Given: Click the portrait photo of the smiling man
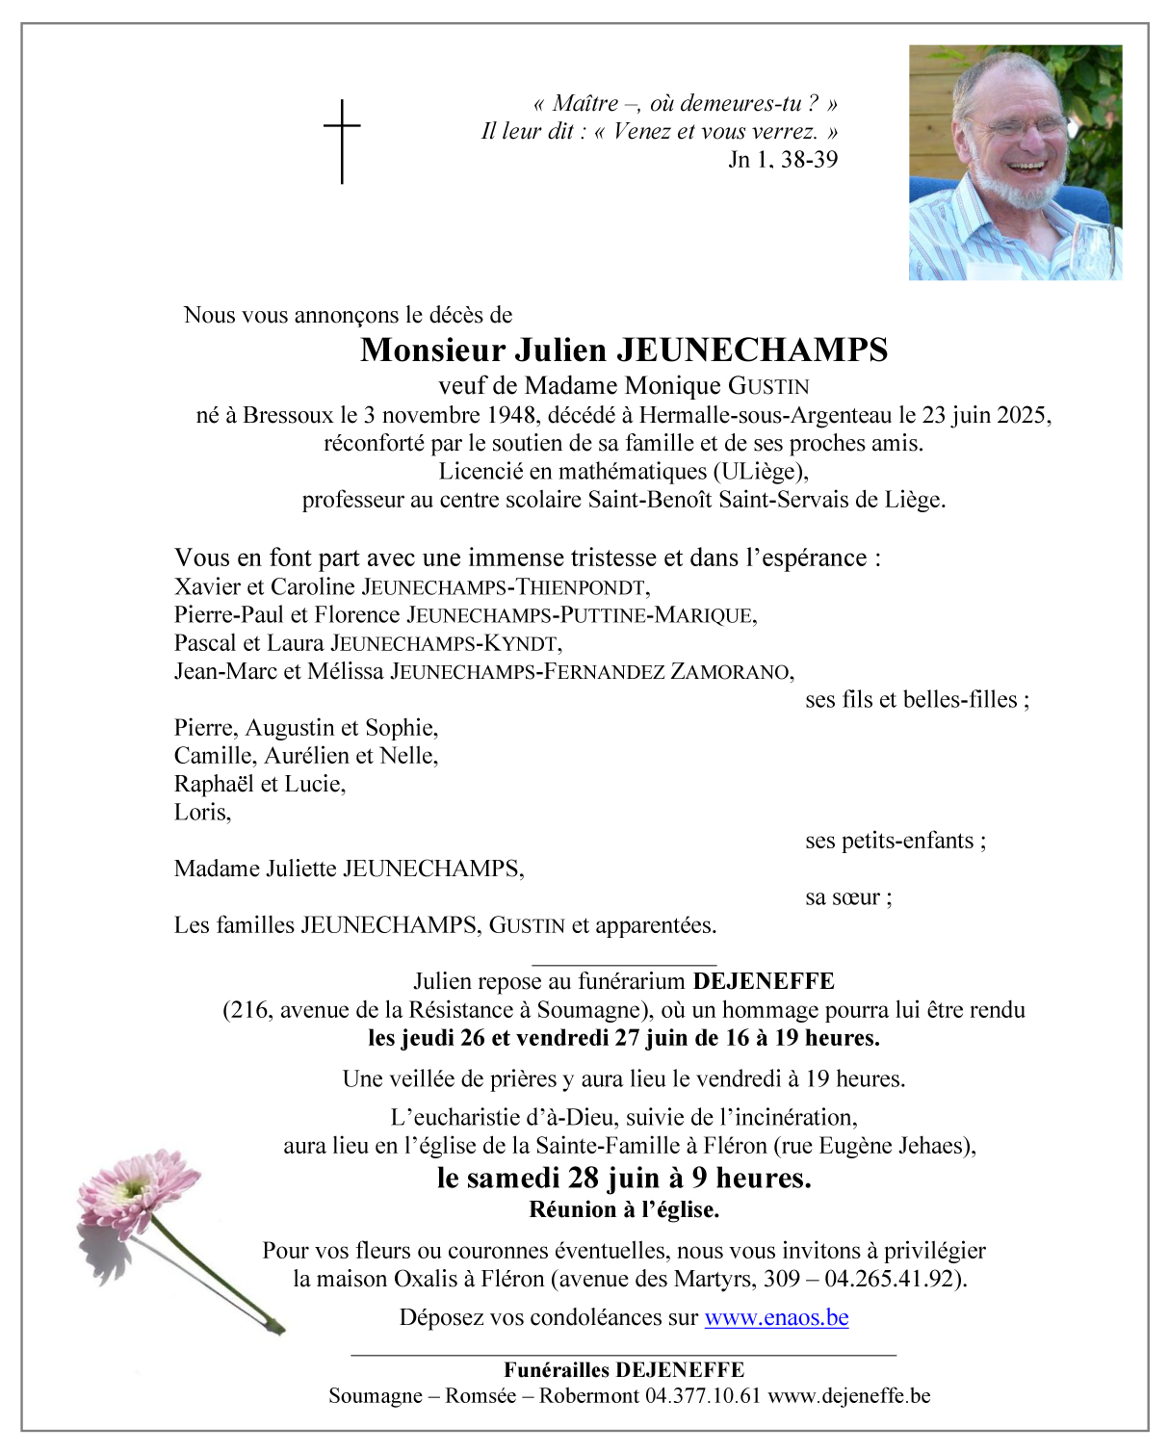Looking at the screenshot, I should (1015, 162).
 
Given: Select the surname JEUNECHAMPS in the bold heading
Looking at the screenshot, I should (751, 350).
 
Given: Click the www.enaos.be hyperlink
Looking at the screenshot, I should (776, 1317).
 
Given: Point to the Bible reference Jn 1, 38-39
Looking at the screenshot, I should (783, 160).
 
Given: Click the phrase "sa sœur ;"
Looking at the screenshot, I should (848, 897).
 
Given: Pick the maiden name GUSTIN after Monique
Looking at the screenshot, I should (768, 386).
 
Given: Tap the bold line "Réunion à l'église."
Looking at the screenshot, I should (624, 1209).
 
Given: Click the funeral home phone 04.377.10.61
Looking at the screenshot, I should (703, 1396).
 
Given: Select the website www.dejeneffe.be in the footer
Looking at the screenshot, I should (849, 1396).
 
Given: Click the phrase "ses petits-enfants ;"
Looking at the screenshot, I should (896, 841).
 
